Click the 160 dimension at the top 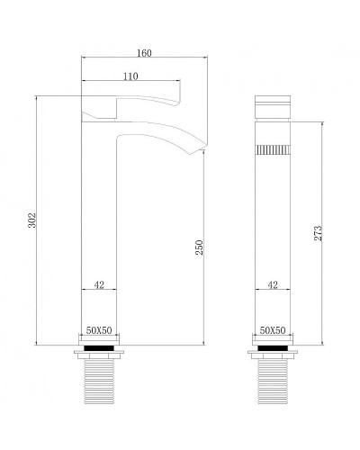click(145, 52)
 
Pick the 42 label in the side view click(99, 285)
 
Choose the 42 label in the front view click(273, 285)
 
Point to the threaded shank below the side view click(99, 378)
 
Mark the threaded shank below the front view click(273, 378)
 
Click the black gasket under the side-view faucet click(99, 345)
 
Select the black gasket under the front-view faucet click(273, 345)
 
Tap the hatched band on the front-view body click(273, 149)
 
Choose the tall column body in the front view click(273, 234)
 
